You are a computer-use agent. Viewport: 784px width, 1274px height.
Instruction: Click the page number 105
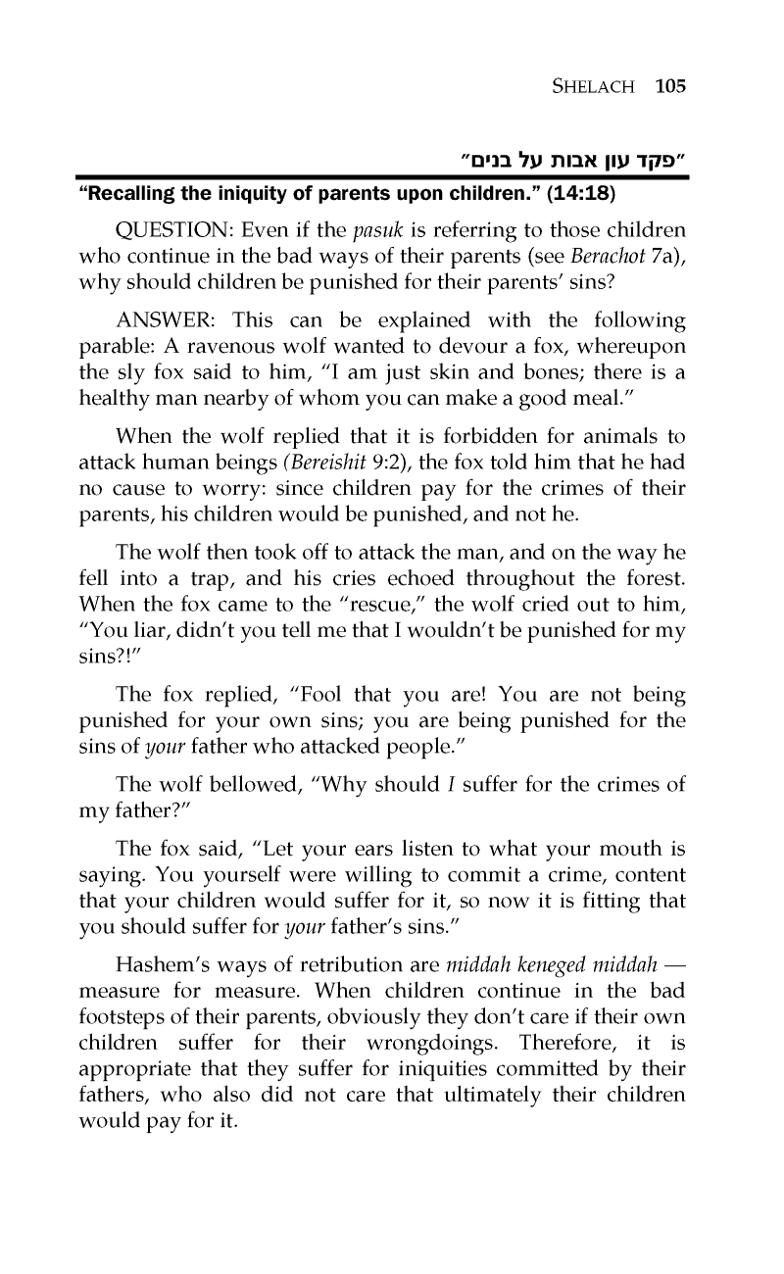pyautogui.click(x=671, y=86)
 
